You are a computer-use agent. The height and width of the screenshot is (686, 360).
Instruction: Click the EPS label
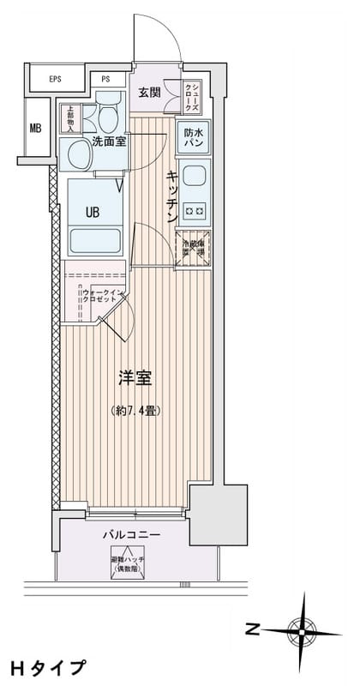coord(55,80)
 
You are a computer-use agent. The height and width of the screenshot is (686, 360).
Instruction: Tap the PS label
coord(106,80)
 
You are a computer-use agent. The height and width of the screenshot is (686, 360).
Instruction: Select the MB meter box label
coord(35,129)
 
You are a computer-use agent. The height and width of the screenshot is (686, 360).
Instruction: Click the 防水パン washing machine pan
coord(193,137)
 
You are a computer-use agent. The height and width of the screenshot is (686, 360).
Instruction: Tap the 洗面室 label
coord(110,141)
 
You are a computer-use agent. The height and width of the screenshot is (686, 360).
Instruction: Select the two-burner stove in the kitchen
coord(194,210)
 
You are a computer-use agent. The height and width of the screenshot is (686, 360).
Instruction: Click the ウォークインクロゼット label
coord(104,297)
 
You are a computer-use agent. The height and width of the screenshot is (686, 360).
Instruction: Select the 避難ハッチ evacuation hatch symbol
coord(129,558)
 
